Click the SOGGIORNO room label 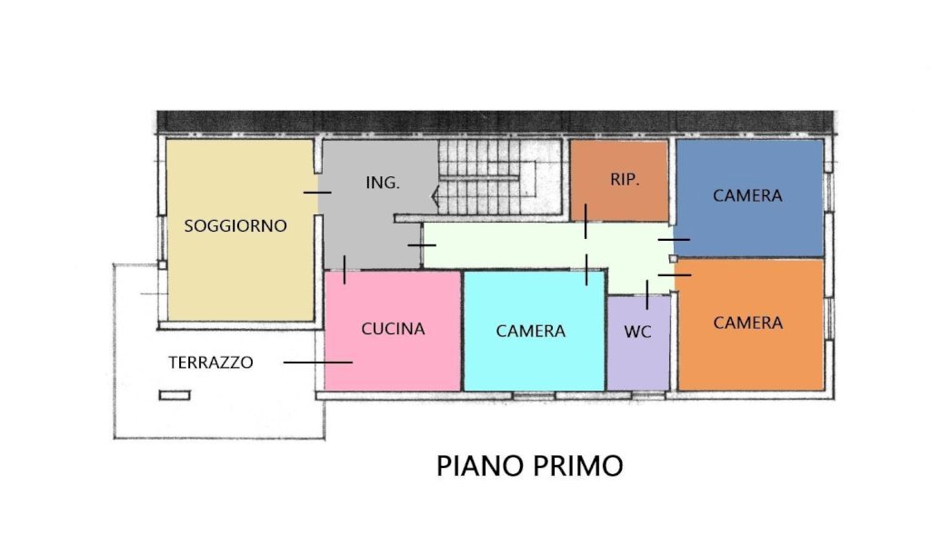(235, 225)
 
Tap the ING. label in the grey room (383, 183)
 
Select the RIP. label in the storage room (625, 179)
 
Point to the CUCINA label (393, 329)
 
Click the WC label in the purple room (637, 332)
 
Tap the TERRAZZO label (211, 362)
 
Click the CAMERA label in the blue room (747, 196)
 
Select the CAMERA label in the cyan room (530, 331)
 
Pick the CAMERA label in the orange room (747, 323)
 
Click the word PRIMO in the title (577, 466)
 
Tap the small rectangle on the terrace (175, 395)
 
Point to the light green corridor (546, 245)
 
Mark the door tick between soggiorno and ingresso (317, 193)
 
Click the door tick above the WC (646, 295)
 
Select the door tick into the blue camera (674, 240)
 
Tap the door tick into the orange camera (675, 275)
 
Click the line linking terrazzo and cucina (317, 362)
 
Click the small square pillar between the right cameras (673, 259)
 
